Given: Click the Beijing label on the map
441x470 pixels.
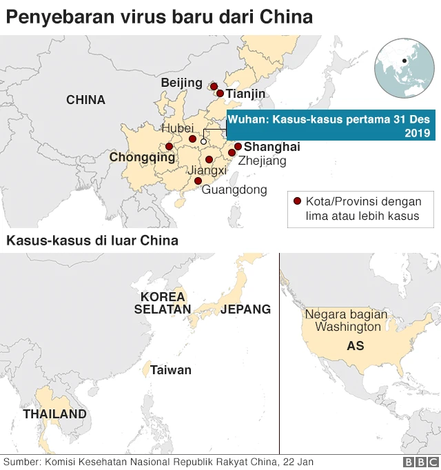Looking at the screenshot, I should (181, 83).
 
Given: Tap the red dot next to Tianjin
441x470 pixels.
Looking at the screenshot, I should (220, 93).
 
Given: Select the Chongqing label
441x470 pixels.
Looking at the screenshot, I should (142, 158).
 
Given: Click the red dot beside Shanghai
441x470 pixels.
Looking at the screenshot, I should (238, 146).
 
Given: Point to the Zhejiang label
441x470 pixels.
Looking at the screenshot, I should (262, 161).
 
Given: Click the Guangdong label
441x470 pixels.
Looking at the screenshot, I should (234, 190).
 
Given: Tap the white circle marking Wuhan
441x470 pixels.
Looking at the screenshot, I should (203, 141).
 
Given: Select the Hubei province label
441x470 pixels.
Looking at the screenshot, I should (177, 129).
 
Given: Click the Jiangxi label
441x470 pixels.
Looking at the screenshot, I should (207, 171).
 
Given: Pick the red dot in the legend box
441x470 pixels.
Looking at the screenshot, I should (297, 201).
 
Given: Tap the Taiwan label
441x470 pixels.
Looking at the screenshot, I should (171, 370).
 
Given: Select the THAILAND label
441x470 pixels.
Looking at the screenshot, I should (54, 414).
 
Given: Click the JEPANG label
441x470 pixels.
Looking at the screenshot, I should (246, 309).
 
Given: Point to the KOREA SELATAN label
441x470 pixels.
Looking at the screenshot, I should (163, 303).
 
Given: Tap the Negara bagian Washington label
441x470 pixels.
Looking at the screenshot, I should (347, 320).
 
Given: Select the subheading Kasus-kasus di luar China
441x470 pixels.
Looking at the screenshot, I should (92, 241).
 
